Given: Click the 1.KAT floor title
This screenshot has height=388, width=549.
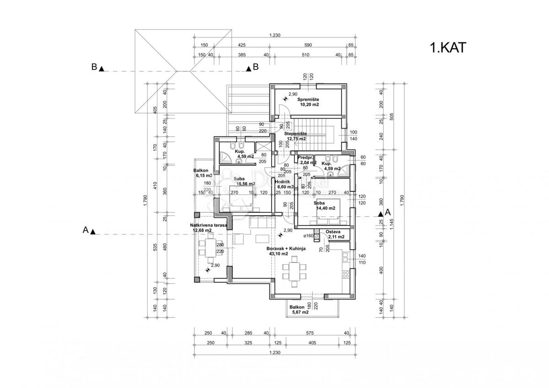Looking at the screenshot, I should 447,48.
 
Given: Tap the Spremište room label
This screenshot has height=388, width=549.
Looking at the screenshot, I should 309,102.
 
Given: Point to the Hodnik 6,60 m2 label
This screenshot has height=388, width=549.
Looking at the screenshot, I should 284,184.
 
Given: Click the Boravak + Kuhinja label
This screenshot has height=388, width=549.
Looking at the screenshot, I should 286,251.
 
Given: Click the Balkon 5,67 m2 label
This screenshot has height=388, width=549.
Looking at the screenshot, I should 300,310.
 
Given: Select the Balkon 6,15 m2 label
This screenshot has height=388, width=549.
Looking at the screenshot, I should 203,172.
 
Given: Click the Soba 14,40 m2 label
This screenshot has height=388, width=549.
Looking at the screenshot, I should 325,205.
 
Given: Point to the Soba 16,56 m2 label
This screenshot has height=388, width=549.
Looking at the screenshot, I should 245,181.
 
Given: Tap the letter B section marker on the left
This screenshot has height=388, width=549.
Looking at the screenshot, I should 94,67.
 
